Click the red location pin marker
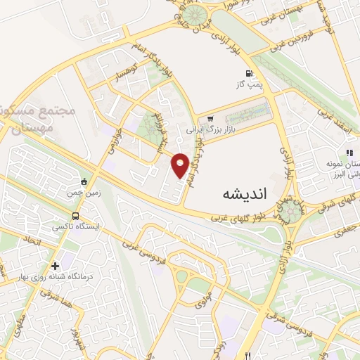pos(181,165)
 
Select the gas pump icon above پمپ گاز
pos(247,74)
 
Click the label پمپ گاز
pos(247,85)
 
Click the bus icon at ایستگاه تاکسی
pos(75,215)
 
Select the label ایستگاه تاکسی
pos(75,226)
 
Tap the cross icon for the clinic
pos(55,266)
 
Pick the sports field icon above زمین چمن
pos(84,181)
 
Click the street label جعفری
pos(342,229)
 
